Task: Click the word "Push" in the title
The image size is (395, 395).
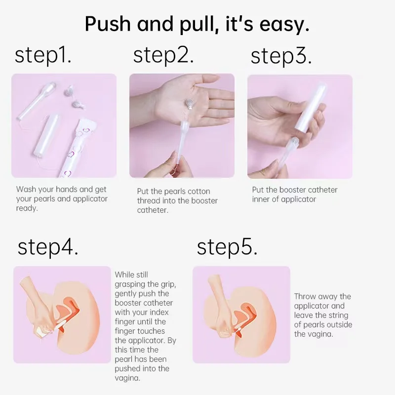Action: [108, 24]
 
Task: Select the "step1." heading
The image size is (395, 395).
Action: [43, 56]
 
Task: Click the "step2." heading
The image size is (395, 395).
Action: [163, 56]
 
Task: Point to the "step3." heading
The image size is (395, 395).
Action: [281, 56]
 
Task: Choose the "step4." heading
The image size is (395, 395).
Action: [48, 247]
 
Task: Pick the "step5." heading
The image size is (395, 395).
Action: [227, 247]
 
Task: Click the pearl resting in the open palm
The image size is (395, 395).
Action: [189, 104]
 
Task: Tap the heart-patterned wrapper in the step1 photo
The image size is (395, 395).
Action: [78, 147]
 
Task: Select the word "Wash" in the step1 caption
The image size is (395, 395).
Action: [26, 189]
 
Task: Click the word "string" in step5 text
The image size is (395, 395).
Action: [339, 316]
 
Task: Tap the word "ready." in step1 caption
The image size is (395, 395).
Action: [27, 208]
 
